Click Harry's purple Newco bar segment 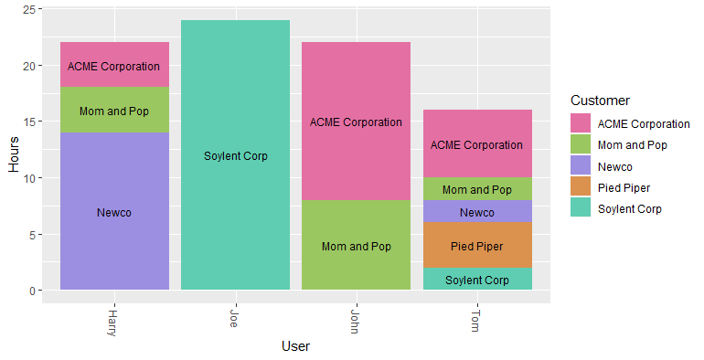tap(114, 211)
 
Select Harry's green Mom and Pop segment tap(114, 111)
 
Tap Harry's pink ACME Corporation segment tap(114, 66)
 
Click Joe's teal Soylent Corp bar tap(235, 155)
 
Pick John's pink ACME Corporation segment tap(356, 122)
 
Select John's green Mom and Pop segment tap(356, 246)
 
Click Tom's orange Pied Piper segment tap(477, 246)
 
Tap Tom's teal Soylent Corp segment tap(477, 280)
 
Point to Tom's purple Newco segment tap(477, 212)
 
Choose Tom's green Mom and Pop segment tap(477, 189)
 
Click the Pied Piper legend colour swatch tap(581, 187)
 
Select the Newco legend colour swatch tap(581, 166)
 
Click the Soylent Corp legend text tap(629, 209)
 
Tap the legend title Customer tap(599, 100)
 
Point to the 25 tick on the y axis tap(29, 9)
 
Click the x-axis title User tap(295, 346)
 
